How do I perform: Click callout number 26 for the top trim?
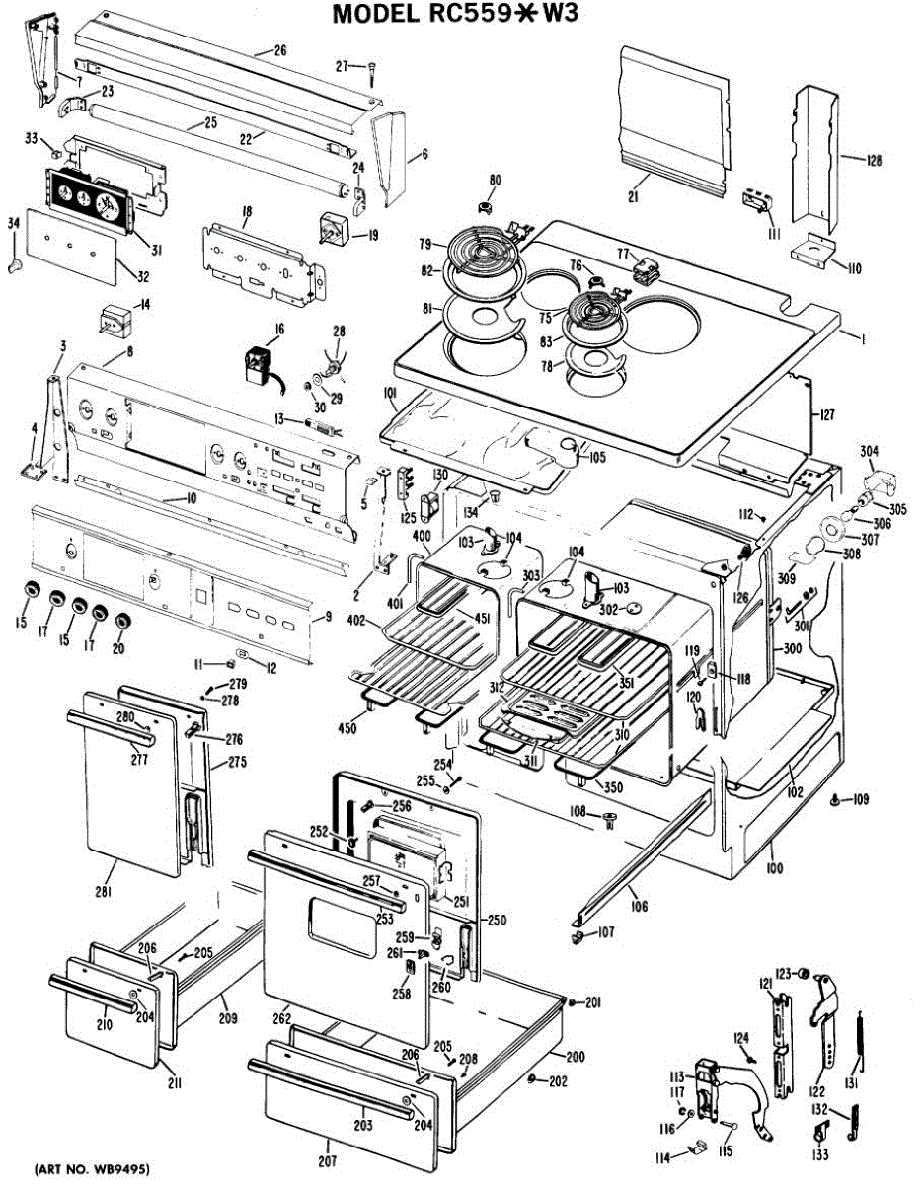(x=279, y=49)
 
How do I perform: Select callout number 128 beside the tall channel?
(x=874, y=160)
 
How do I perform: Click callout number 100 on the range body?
(x=772, y=867)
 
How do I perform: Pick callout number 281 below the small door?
(x=103, y=893)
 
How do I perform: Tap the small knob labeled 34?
(x=13, y=265)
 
